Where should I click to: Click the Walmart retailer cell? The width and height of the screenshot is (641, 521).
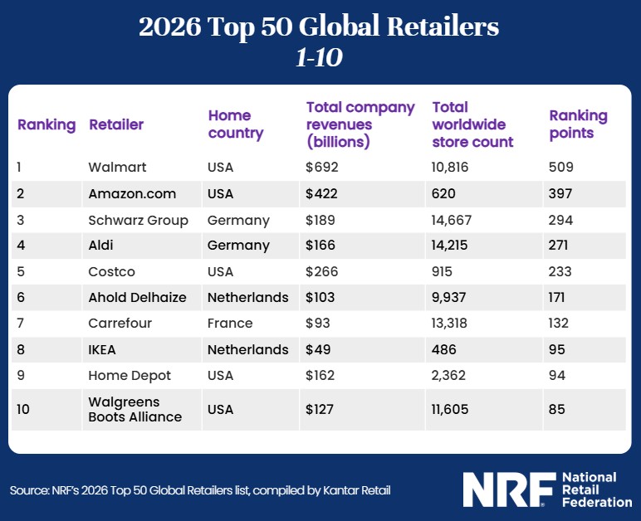(x=117, y=168)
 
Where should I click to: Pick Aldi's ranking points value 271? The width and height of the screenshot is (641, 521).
(x=560, y=246)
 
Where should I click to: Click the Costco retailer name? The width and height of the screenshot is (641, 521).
(x=111, y=272)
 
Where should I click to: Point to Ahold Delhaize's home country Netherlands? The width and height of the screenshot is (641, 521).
(x=248, y=298)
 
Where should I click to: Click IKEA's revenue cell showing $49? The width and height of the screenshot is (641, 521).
(x=318, y=349)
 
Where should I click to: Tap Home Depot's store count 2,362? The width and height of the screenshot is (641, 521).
(x=452, y=376)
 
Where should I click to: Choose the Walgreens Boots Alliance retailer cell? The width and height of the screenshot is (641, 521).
(x=135, y=409)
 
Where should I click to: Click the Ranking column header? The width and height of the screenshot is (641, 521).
(x=46, y=124)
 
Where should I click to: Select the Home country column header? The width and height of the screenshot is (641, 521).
(x=235, y=124)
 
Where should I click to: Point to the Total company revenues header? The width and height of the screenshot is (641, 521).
(x=360, y=124)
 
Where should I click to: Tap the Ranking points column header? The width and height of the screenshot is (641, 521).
(x=578, y=124)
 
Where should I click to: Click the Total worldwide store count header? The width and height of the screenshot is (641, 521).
(x=472, y=124)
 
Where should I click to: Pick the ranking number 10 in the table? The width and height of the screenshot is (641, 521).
(x=25, y=409)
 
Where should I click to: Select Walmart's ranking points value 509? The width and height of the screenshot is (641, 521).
(x=561, y=168)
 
